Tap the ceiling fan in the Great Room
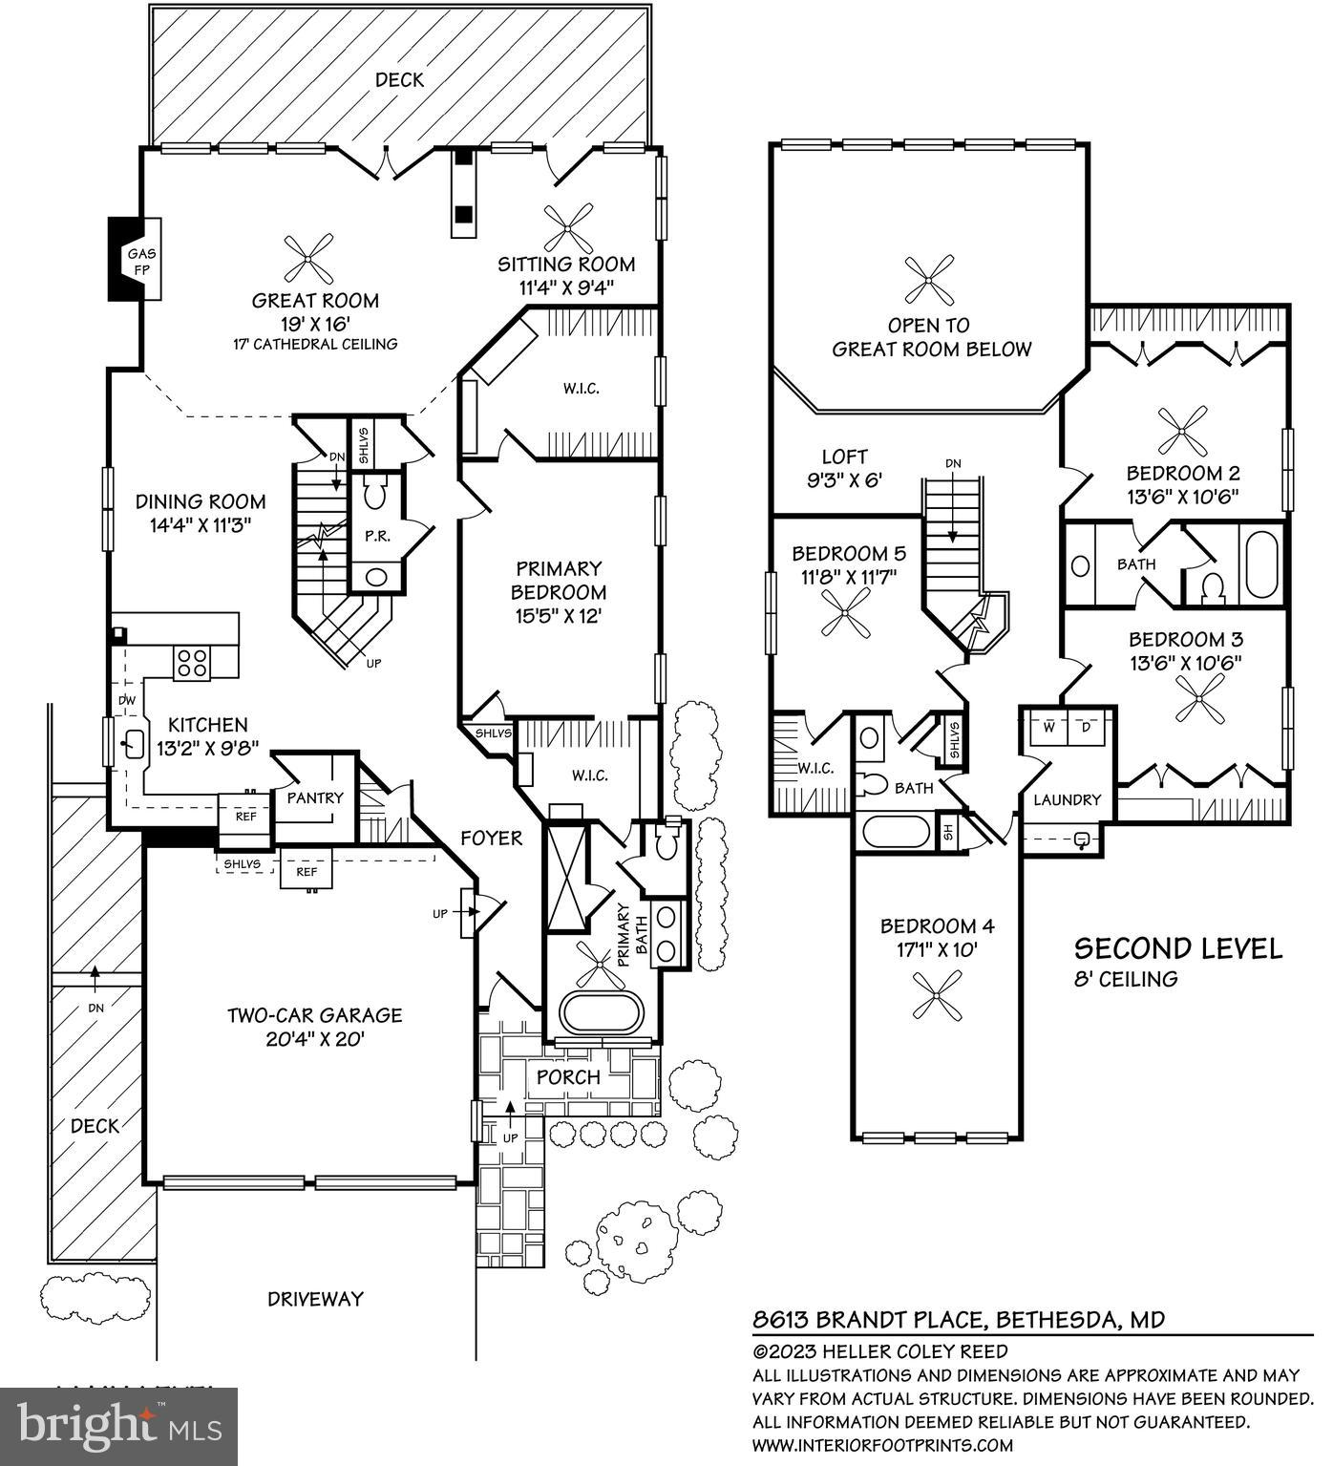[309, 261]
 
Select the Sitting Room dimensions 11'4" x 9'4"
[567, 287]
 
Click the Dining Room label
[200, 501]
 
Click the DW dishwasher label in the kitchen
[127, 701]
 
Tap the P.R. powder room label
[377, 536]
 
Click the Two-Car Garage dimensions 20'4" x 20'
[314, 1039]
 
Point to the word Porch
[568, 1076]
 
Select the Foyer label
[491, 838]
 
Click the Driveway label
[315, 1298]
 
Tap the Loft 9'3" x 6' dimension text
[843, 480]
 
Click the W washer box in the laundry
[1048, 726]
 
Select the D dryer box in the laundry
[1086, 726]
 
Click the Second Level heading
[1177, 948]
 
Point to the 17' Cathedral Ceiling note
[315, 344]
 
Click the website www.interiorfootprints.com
[882, 1445]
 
